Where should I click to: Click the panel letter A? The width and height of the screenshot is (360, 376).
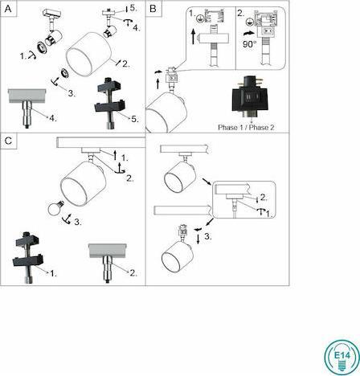(8, 8)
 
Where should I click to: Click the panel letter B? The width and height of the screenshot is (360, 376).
(153, 8)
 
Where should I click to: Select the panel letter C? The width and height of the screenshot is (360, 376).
(8, 141)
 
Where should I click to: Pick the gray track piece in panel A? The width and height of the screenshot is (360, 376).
(29, 99)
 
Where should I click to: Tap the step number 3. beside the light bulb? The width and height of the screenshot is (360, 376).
(76, 222)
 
